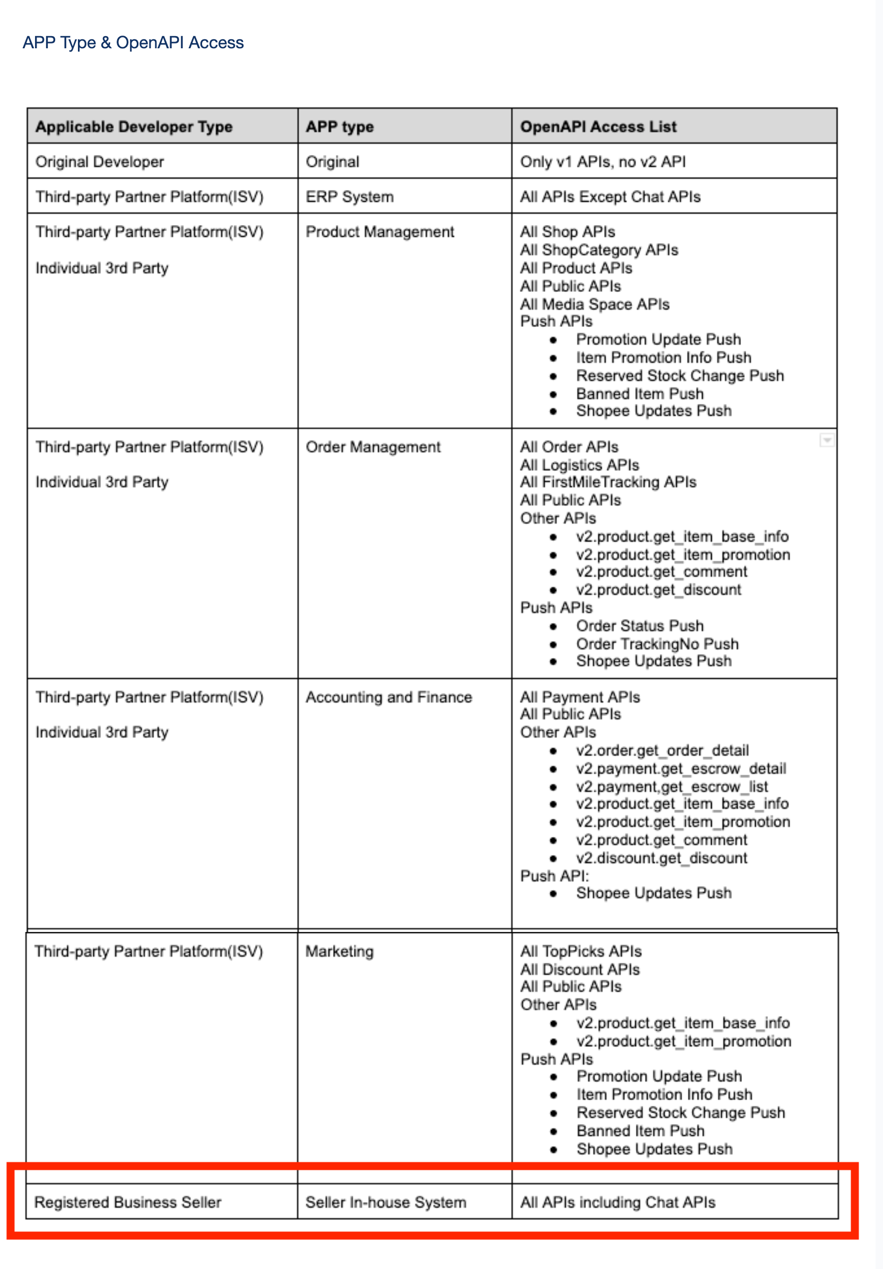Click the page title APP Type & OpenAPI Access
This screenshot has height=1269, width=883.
[133, 42]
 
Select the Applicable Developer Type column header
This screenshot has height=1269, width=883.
[134, 126]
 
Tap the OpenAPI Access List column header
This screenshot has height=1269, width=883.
[598, 126]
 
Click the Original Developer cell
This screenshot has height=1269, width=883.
[99, 161]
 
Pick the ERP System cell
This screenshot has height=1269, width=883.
[349, 197]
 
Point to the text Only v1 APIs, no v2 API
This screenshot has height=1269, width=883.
[602, 161]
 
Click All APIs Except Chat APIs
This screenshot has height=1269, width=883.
[610, 197]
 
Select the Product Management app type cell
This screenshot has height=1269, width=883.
[380, 231]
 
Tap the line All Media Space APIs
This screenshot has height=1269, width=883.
[594, 304]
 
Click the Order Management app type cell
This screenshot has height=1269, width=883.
[373, 446]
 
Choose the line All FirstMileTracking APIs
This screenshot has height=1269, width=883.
[608, 482]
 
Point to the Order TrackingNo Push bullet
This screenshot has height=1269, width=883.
[657, 644]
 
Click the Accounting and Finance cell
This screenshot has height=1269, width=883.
[389, 697]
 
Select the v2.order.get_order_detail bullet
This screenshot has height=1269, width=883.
[662, 750]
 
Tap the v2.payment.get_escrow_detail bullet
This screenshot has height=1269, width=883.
[681, 769]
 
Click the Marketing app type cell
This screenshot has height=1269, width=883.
[339, 951]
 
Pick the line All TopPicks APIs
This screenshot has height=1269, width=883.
[581, 951]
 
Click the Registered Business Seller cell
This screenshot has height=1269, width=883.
[128, 1202]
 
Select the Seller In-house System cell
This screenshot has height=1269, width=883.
[386, 1202]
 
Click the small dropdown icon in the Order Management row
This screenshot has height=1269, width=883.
[827, 440]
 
